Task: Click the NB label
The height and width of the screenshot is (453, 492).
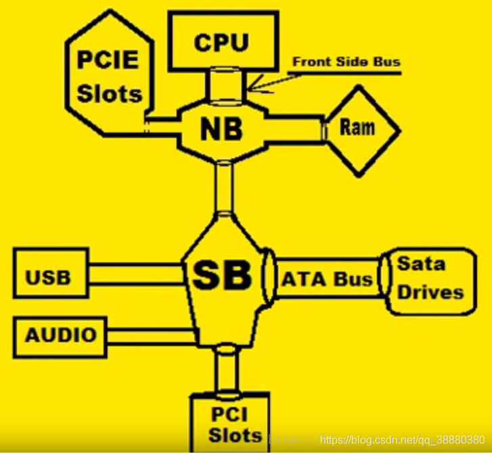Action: coord(221,128)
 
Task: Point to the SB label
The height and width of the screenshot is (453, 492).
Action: coord(222,275)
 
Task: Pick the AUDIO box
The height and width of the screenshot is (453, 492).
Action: coord(60,335)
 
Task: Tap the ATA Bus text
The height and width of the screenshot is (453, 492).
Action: coord(327,279)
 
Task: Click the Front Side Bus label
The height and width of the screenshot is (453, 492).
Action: coord(346,62)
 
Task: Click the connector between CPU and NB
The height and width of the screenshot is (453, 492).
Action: coord(223,84)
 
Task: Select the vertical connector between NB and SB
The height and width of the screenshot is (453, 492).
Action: coord(223,187)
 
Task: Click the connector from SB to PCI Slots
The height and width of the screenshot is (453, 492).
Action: coord(225,369)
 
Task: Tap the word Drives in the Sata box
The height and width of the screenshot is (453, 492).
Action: coord(430,292)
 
